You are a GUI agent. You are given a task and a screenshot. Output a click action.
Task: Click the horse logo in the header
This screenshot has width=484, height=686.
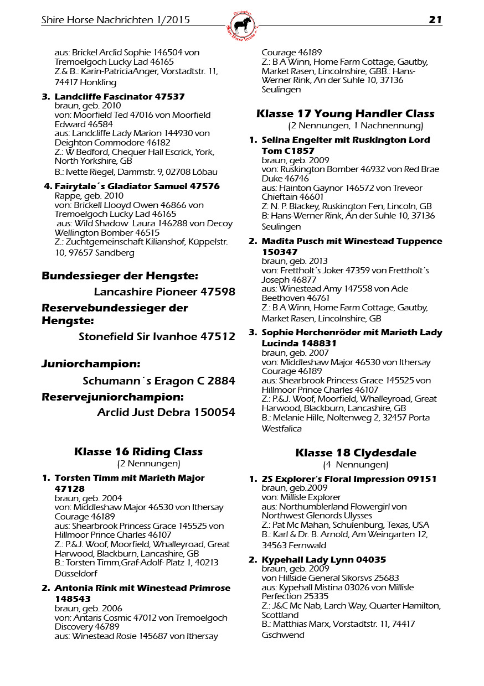[242, 25]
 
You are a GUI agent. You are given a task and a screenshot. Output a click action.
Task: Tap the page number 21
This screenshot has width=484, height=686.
[435, 20]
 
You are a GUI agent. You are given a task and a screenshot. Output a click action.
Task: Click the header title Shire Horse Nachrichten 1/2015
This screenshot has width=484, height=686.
[116, 20]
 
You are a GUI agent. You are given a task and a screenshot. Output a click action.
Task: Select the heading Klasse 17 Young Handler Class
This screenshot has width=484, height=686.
[345, 114]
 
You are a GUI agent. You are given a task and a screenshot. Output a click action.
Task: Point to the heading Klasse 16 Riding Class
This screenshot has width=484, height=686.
[138, 452]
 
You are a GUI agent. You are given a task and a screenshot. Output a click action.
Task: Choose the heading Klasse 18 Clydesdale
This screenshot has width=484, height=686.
[356, 453]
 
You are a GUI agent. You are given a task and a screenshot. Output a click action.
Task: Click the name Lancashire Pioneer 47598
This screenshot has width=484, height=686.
[164, 292]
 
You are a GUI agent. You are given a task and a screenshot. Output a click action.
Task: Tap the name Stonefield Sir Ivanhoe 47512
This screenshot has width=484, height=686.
[157, 336]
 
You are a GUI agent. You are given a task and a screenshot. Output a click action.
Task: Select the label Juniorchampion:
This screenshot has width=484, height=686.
[91, 364]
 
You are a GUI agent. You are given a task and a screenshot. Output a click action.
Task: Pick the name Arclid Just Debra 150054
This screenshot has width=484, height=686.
[166, 412]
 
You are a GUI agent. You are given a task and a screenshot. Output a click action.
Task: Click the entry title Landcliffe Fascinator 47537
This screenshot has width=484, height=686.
[120, 97]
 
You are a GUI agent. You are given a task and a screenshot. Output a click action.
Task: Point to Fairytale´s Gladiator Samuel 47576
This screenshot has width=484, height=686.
[137, 186]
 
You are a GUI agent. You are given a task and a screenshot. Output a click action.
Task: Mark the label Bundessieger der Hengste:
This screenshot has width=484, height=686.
[120, 276]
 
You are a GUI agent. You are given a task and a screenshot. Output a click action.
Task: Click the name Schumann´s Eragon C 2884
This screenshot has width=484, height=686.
[159, 381]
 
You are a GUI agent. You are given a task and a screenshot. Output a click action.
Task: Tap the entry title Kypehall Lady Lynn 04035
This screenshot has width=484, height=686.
[324, 560]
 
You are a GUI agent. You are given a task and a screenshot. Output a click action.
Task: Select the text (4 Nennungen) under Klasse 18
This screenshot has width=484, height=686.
[356, 465]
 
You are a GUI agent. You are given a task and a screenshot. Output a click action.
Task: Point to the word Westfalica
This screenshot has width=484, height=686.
[282, 429]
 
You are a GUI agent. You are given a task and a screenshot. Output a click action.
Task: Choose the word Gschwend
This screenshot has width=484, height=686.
[283, 635]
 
